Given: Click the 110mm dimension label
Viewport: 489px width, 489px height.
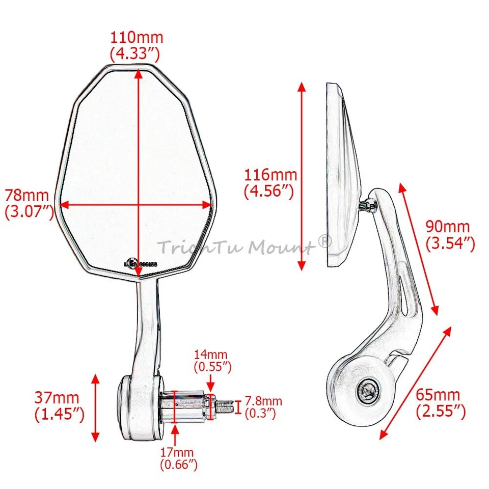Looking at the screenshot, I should (138, 38).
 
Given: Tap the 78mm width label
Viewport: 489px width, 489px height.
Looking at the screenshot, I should (27, 196).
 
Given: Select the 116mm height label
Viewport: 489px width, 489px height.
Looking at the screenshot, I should (270, 176).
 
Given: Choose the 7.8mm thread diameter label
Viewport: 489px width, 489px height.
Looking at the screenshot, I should (263, 402).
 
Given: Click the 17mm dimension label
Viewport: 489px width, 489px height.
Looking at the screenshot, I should (176, 451).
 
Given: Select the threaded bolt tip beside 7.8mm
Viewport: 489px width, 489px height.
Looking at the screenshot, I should (224, 406).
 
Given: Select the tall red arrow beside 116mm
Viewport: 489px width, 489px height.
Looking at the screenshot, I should (302, 176).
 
